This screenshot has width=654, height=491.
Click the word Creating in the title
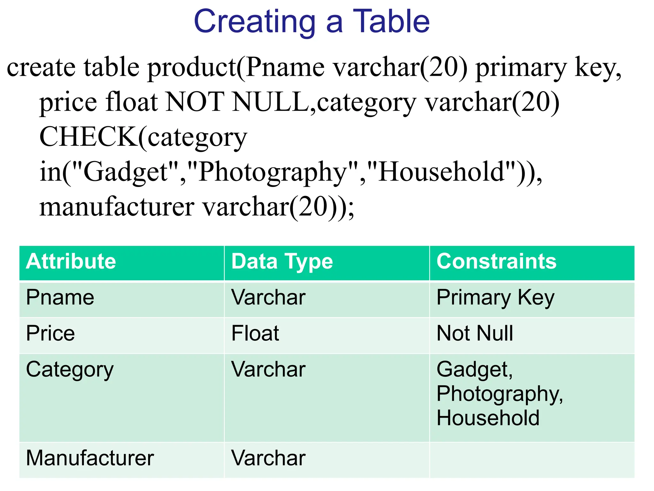tap(255, 22)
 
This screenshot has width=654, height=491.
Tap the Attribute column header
tap(71, 261)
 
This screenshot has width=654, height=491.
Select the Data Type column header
tap(282, 261)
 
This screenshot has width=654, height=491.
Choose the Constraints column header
tap(496, 261)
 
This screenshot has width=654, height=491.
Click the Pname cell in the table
tap(60, 298)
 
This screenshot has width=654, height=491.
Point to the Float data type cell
tap(255, 333)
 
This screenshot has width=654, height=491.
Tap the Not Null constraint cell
tap(475, 333)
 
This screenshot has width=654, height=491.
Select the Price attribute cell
tap(50, 333)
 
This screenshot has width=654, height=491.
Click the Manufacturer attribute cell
tap(90, 458)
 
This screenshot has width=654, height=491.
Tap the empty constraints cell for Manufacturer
tap(531, 460)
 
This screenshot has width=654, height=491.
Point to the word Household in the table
tap(488, 418)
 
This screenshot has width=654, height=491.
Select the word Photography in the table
tap(499, 394)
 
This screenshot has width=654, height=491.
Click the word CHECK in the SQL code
tap(88, 137)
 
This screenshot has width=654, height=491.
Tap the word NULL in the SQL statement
tap(270, 102)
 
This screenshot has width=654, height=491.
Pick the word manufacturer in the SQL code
tap(117, 207)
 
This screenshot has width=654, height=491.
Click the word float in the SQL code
tap(132, 102)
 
